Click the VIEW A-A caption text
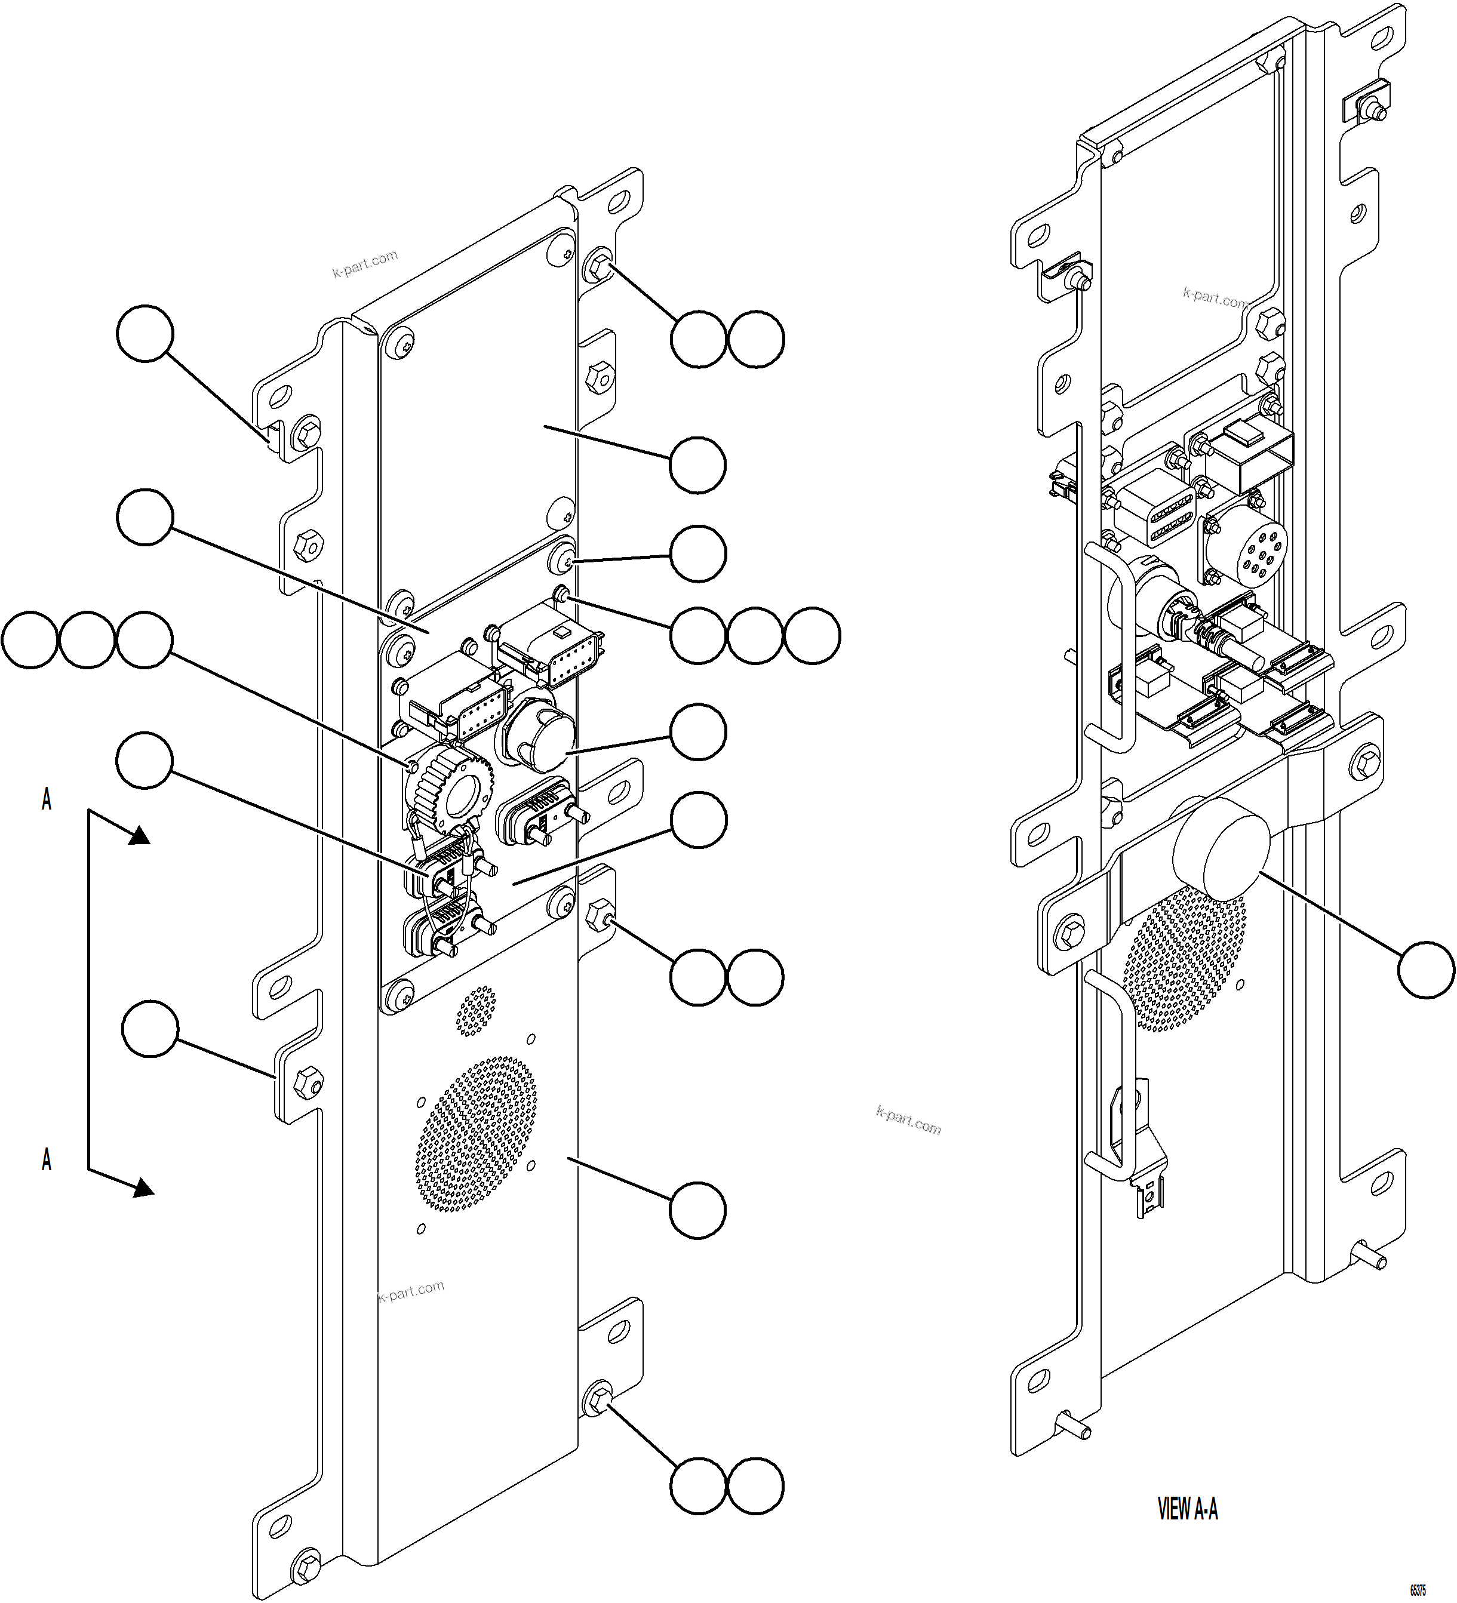coord(1187,1509)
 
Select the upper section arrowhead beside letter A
coord(139,835)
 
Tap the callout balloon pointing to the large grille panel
coord(697,1210)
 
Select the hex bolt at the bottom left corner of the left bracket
coord(305,1565)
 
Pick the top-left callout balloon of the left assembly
coord(145,335)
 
